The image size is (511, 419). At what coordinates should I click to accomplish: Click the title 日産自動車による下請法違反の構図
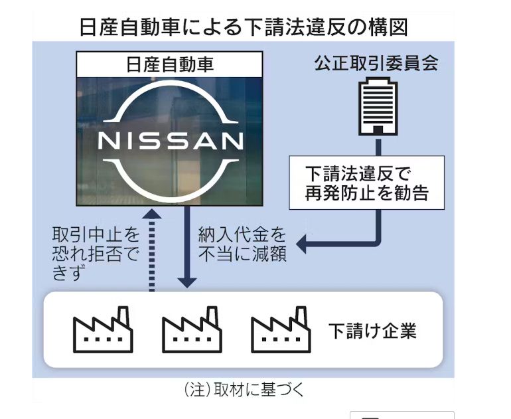click(244, 27)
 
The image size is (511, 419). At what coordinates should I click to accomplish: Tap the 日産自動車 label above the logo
click(169, 64)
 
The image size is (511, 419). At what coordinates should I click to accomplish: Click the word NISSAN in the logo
click(171, 141)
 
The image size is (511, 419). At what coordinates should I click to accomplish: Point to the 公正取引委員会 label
click(376, 64)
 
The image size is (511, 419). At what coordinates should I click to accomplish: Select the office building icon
click(378, 106)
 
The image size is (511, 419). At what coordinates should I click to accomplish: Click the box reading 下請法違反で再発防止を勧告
click(366, 183)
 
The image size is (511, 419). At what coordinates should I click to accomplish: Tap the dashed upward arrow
click(152, 250)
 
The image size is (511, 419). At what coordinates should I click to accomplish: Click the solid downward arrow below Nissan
click(186, 247)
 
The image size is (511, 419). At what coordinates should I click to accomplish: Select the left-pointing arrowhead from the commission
click(301, 244)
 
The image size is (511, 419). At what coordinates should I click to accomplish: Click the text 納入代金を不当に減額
click(242, 244)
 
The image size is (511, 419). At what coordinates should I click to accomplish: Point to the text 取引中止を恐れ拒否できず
click(96, 254)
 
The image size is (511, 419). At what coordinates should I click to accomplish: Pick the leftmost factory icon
click(103, 329)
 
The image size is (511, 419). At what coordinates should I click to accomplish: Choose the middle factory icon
click(192, 329)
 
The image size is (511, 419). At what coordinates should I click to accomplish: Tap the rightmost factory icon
click(281, 329)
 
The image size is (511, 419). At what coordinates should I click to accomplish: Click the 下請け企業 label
click(372, 331)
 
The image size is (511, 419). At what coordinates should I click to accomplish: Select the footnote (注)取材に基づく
click(244, 390)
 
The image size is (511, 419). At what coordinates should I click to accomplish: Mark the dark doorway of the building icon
click(378, 130)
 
